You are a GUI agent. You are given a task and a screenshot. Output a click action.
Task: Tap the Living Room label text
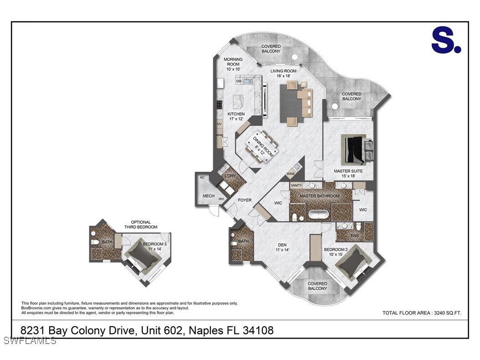pyautogui.click(x=283, y=73)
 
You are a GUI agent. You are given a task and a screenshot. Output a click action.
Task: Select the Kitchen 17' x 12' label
pyautogui.click(x=236, y=116)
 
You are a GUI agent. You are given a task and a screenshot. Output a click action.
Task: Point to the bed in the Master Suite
pyautogui.click(x=355, y=149)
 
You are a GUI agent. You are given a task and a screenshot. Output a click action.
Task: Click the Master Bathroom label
pyautogui.click(x=320, y=196)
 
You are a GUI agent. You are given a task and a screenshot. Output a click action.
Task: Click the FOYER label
pyautogui.click(x=245, y=200)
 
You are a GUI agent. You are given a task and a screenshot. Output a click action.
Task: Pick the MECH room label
pyautogui.click(x=209, y=196)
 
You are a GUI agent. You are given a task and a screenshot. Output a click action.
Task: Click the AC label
pyautogui.click(x=202, y=178)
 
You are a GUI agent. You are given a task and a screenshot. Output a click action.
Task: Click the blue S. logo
pyautogui.click(x=446, y=41)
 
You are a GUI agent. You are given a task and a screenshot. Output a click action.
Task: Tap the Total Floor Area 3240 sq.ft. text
pyautogui.click(x=422, y=313)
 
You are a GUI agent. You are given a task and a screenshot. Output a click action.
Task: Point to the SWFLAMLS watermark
pyautogui.click(x=29, y=340)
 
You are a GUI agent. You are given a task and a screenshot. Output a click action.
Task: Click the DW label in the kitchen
pyautogui.click(x=238, y=81)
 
